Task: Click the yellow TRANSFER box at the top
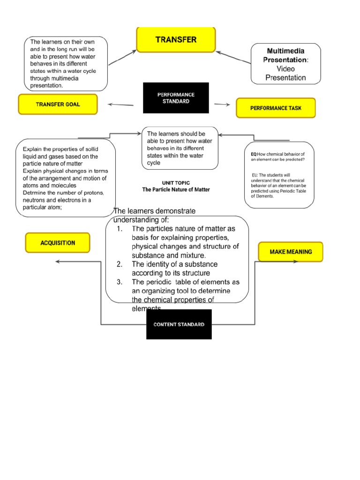176,40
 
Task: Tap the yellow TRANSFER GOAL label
58,105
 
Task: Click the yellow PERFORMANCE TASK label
276,108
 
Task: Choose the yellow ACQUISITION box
58,243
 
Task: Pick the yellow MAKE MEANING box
291,252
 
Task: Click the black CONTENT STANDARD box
179,324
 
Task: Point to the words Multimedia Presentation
285,55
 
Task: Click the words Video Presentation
285,73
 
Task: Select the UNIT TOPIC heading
176,182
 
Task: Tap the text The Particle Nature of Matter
176,190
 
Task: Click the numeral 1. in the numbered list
120,229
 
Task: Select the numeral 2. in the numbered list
120,264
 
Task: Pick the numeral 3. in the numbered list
120,282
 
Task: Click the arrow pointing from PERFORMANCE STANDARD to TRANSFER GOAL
120,105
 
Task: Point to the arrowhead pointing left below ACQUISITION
58,262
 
